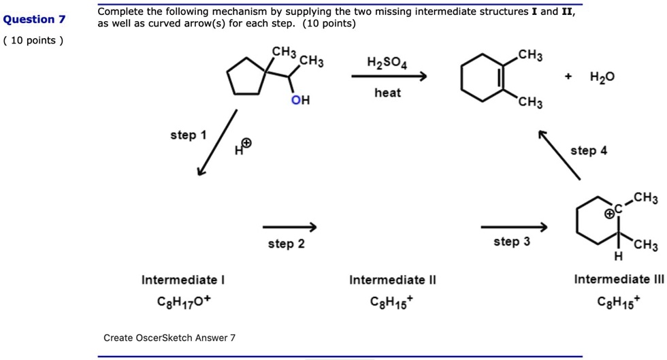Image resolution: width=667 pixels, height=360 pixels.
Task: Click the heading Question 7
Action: pyautogui.click(x=35, y=20)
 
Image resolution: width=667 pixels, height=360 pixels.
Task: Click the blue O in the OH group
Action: pyautogui.click(x=295, y=100)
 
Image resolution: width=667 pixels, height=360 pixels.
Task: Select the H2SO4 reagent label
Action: pyautogui.click(x=387, y=63)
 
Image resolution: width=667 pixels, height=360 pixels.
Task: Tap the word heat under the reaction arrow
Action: pyautogui.click(x=387, y=93)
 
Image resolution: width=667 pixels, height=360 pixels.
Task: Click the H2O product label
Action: pyautogui.click(x=602, y=77)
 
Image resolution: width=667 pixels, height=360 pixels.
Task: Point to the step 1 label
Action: pyautogui.click(x=189, y=135)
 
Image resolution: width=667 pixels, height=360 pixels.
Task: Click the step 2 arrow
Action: pyautogui.click(x=290, y=227)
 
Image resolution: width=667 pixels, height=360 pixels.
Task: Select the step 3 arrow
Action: pyautogui.click(x=515, y=227)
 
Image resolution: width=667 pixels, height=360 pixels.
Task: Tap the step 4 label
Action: pyautogui.click(x=589, y=150)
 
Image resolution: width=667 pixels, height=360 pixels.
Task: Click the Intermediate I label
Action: pyautogui.click(x=183, y=280)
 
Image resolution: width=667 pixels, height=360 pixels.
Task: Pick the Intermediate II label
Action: pyautogui.click(x=393, y=280)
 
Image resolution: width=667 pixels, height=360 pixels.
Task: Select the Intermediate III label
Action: pyautogui.click(x=619, y=279)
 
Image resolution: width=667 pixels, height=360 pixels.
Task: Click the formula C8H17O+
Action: pyautogui.click(x=184, y=301)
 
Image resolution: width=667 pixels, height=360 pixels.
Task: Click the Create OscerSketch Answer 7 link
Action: pyautogui.click(x=169, y=338)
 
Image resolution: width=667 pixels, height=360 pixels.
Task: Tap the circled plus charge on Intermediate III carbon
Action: pyautogui.click(x=610, y=213)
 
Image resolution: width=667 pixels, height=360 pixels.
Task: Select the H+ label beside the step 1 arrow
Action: pyautogui.click(x=243, y=147)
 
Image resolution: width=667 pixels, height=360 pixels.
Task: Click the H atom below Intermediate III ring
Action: pyautogui.click(x=618, y=256)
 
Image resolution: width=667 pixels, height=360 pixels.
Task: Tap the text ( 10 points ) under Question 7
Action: pyautogui.click(x=33, y=40)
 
